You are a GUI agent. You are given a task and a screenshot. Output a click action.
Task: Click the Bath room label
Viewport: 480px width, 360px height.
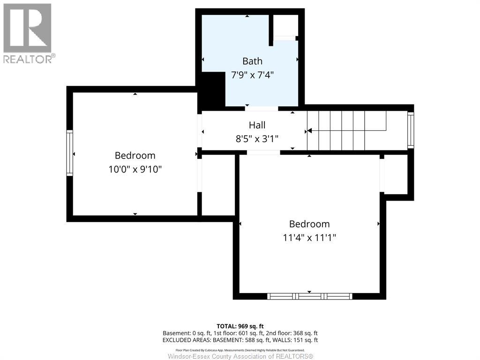pyautogui.click(x=252, y=61)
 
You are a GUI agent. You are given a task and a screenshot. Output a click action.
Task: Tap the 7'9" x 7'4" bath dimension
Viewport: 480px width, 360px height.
pyautogui.click(x=252, y=75)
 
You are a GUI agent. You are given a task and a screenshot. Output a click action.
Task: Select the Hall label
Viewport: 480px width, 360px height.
pyautogui.click(x=257, y=125)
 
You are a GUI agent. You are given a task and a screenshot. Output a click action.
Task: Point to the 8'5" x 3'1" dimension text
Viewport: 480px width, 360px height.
pyautogui.click(x=257, y=139)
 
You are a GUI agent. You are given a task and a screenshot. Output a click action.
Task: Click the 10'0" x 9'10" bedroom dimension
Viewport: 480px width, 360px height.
pyautogui.click(x=135, y=169)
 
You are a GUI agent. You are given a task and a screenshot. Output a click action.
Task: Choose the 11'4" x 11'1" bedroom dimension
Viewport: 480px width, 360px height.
pyautogui.click(x=309, y=238)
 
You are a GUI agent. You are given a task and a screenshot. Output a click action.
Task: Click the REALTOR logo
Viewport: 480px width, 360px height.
pyautogui.click(x=28, y=33)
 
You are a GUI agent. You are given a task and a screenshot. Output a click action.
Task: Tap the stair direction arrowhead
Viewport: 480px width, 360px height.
pyautogui.click(x=309, y=131)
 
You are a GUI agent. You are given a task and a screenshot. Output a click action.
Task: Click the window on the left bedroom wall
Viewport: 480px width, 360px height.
pyautogui.click(x=70, y=153)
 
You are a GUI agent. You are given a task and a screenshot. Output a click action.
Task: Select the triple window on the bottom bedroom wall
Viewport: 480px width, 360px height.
pyautogui.click(x=309, y=296)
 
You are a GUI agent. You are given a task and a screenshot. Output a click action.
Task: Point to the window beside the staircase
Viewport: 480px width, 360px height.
pyautogui.click(x=411, y=130)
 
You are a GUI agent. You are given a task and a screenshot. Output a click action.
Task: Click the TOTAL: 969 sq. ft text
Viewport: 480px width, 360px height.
pyautogui.click(x=240, y=326)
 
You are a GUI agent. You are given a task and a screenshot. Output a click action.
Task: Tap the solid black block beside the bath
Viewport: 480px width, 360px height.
pyautogui.click(x=211, y=90)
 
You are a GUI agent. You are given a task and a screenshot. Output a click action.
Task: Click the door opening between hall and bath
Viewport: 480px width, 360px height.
pyautogui.click(x=262, y=108)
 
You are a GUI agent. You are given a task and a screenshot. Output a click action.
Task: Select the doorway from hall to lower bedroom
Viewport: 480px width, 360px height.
pyautogui.click(x=263, y=152)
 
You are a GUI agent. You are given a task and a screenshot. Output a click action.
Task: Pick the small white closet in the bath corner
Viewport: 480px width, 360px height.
pyautogui.click(x=285, y=26)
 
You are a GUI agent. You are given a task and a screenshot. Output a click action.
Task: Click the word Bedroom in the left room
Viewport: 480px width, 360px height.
pyautogui.click(x=135, y=156)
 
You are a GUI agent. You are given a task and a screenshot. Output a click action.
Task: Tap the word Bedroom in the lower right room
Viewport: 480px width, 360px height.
pyautogui.click(x=309, y=224)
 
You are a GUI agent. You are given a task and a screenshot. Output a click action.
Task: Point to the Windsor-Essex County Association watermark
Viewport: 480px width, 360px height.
pyautogui.click(x=240, y=356)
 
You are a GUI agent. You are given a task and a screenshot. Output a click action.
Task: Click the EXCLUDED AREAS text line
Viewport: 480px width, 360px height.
pyautogui.click(x=240, y=340)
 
